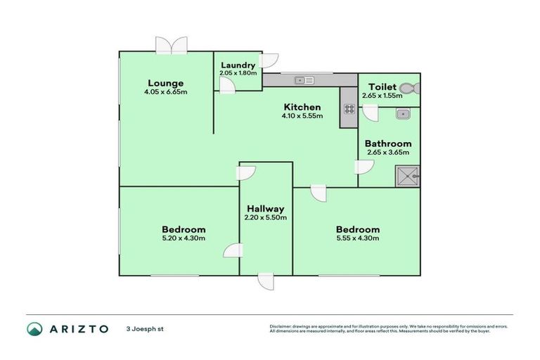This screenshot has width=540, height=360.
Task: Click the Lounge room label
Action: [x=166, y=82]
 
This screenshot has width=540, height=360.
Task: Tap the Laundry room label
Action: [x=238, y=65]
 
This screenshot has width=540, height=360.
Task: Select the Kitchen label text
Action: [x=302, y=107]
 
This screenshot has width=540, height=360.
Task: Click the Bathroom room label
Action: [x=387, y=143]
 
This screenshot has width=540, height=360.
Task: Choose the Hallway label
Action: [x=265, y=208]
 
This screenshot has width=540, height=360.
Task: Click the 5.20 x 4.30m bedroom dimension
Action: [x=184, y=238]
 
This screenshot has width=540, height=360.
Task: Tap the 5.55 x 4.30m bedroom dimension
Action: [x=357, y=238]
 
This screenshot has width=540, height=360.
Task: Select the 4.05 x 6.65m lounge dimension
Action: [x=166, y=91]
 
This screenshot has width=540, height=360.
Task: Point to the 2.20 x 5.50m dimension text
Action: [x=265, y=217]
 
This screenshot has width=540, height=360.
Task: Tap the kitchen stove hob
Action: [x=349, y=109]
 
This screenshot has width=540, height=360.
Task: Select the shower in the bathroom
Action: [x=407, y=174]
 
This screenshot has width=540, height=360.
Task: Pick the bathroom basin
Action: [x=403, y=114]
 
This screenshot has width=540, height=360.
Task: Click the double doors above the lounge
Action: [x=172, y=46]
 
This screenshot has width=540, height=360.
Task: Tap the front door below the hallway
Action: [x=266, y=281]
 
